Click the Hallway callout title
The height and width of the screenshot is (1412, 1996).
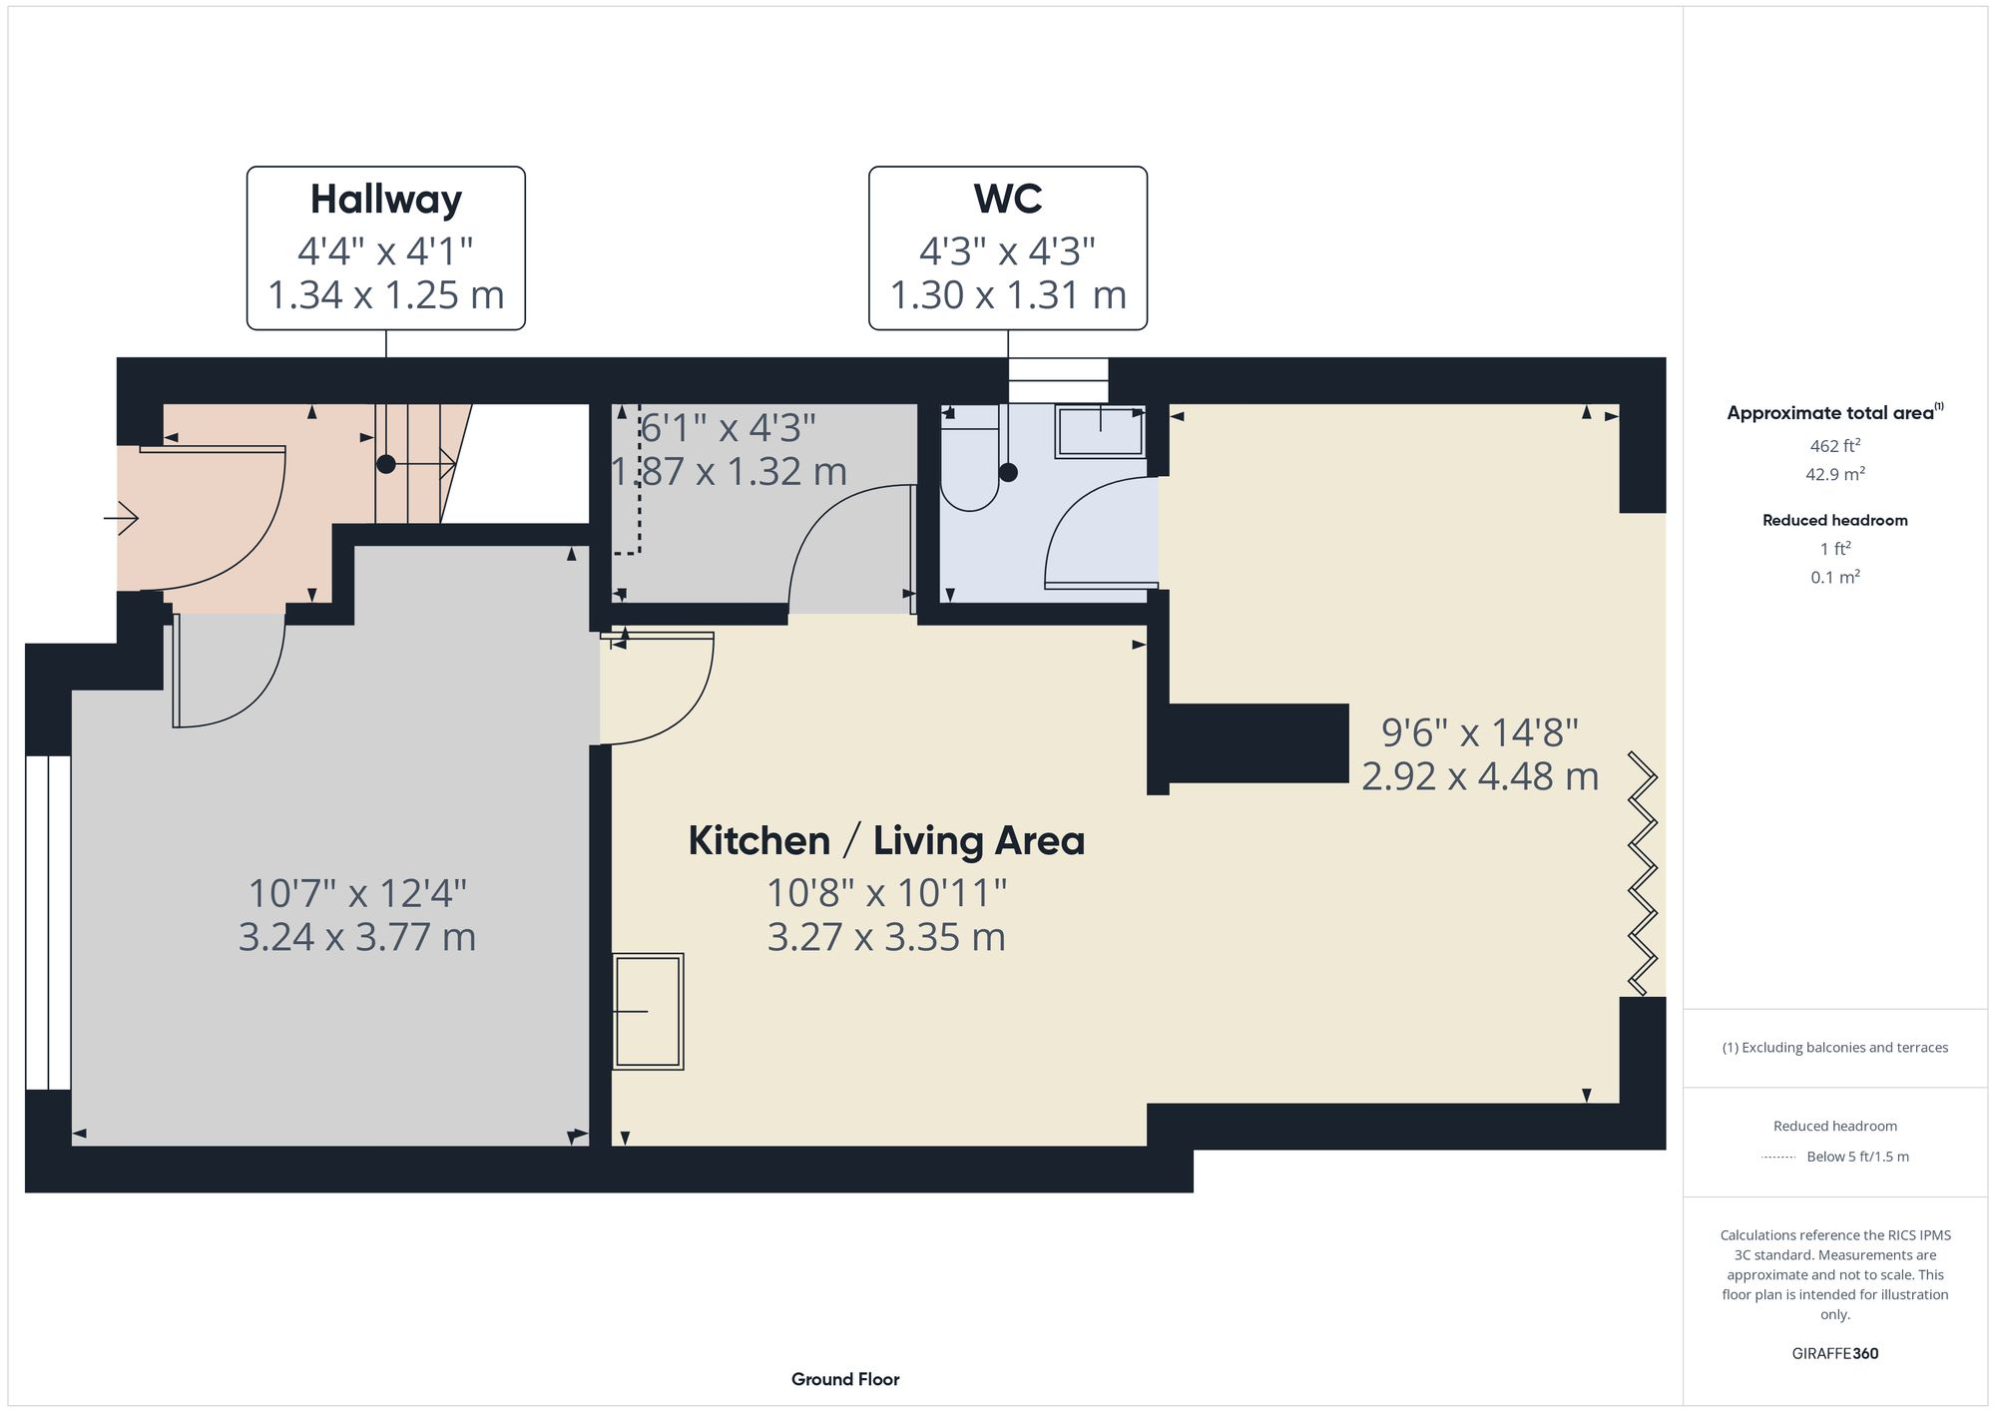[385, 200]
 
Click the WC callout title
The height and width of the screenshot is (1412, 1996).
[1007, 200]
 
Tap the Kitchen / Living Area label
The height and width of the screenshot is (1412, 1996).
[886, 840]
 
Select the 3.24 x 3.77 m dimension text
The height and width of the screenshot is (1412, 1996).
[356, 937]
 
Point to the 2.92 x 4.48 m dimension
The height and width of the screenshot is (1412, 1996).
[1479, 776]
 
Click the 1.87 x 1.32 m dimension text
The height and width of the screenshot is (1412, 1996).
[729, 471]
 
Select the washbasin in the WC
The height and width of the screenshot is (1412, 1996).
[1099, 432]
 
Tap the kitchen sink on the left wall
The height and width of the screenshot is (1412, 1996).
[648, 1012]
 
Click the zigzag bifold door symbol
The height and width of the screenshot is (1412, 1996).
[1643, 874]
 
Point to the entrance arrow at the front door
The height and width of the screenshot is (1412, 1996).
[122, 518]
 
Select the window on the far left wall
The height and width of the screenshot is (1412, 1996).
[48, 922]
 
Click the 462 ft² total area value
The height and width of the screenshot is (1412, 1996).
[1834, 446]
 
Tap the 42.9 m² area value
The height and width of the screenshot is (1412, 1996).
[1834, 474]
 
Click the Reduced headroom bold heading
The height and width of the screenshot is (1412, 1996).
[1834, 520]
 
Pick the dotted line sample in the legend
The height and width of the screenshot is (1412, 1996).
[1777, 1158]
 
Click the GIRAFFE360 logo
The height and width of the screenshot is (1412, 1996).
[1834, 1354]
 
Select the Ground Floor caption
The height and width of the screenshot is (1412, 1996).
[845, 1379]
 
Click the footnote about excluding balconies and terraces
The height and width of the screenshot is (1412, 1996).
[1834, 1048]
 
